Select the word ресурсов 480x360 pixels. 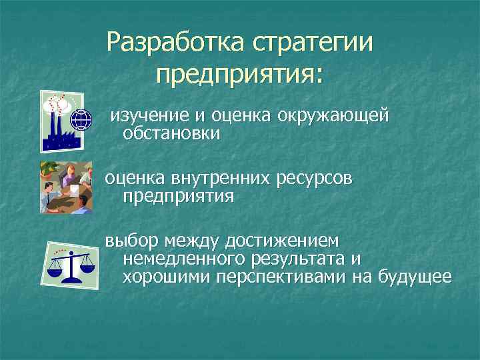pos(315,179)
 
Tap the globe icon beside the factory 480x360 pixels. pos(81,120)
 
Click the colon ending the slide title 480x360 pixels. pos(316,75)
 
